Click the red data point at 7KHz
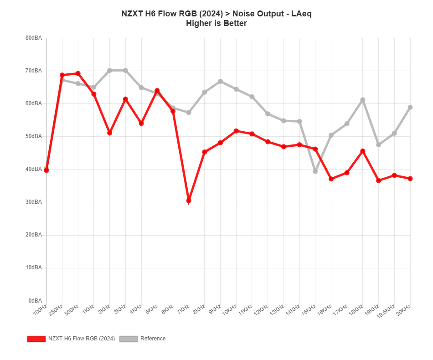(189, 201)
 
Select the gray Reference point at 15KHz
(315, 171)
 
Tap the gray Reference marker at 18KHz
(363, 100)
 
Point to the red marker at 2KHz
(110, 133)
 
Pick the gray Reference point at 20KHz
(410, 108)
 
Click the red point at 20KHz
(410, 179)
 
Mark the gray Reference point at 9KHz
(221, 82)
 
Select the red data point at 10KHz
(236, 131)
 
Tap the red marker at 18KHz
(363, 151)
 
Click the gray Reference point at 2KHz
(110, 71)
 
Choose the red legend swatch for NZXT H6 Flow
(36, 339)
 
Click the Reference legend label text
(153, 339)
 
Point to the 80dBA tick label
(34, 38)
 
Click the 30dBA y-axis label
(34, 202)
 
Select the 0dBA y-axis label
(35, 300)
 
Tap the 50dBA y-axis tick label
(34, 136)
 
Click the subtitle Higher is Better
(216, 23)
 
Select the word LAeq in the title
(299, 14)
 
